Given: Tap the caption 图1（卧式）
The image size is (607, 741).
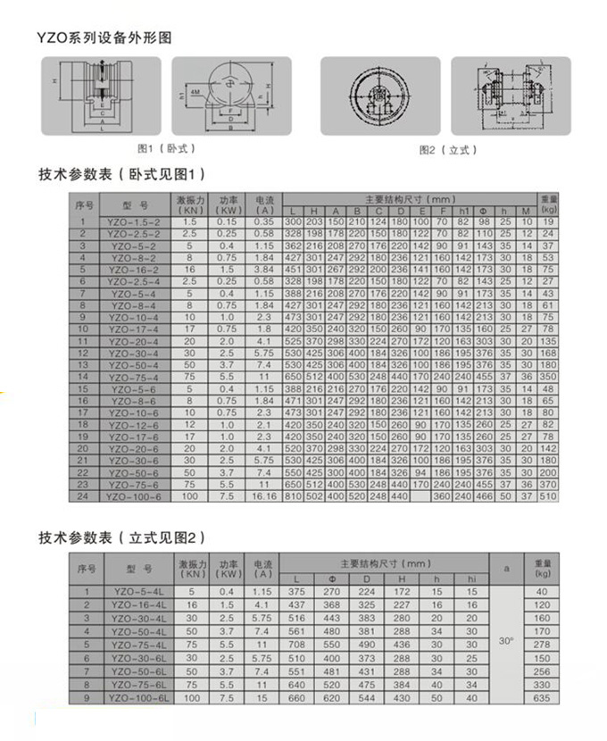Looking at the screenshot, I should coord(166,147).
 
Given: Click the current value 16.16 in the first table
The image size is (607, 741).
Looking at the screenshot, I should coord(264,496).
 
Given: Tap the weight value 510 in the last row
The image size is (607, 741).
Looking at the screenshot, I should coord(549,496).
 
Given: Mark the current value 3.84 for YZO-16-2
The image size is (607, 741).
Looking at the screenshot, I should coord(264,269).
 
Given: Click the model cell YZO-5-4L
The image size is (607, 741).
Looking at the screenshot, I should coord(137,591).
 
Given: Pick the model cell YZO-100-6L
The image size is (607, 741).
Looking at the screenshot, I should coord(137,696).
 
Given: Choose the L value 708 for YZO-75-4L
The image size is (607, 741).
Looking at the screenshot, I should coord(297,644).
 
